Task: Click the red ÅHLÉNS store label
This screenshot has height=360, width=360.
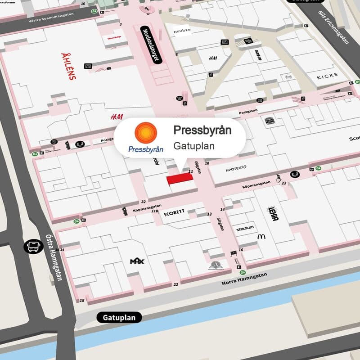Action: point(68,67)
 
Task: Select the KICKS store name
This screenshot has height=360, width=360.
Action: point(327,76)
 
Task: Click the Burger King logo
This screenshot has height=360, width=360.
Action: point(270,120)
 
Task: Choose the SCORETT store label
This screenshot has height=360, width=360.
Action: point(175,214)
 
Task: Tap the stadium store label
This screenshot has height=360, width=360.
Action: point(245,229)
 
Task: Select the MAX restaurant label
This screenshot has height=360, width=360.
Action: point(136,261)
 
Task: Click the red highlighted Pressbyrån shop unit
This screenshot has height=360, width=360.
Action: point(180,179)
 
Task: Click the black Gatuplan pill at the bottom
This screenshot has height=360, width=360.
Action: point(119,318)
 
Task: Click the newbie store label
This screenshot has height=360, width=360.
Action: point(182,30)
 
